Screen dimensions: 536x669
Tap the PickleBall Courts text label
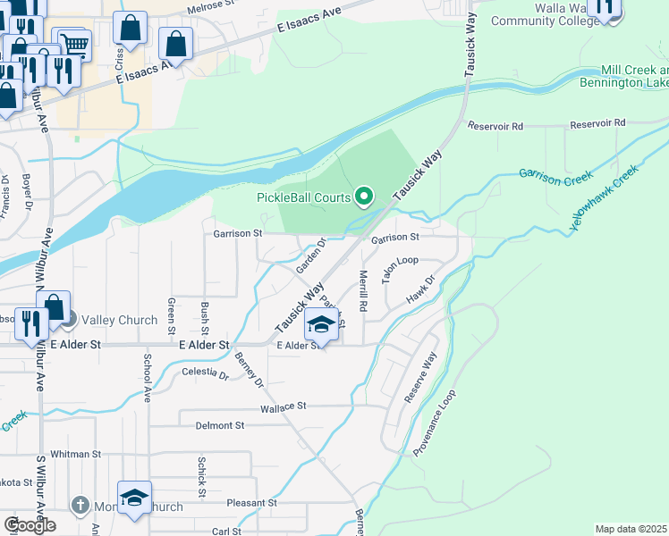[x=305, y=197]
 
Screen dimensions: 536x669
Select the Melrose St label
[x=209, y=11]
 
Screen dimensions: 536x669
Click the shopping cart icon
[x=74, y=43]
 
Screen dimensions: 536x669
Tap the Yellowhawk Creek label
[x=605, y=198]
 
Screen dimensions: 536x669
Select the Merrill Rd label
[x=363, y=290]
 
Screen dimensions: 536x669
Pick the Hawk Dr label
[x=421, y=290]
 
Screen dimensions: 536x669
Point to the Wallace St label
[x=284, y=406]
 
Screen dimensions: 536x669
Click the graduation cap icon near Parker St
[x=321, y=324]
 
